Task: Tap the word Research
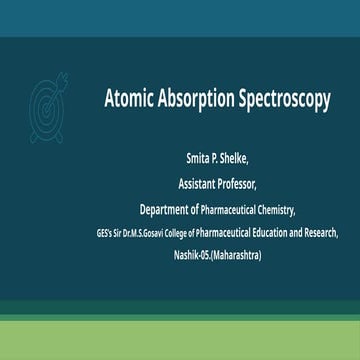[321, 233]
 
